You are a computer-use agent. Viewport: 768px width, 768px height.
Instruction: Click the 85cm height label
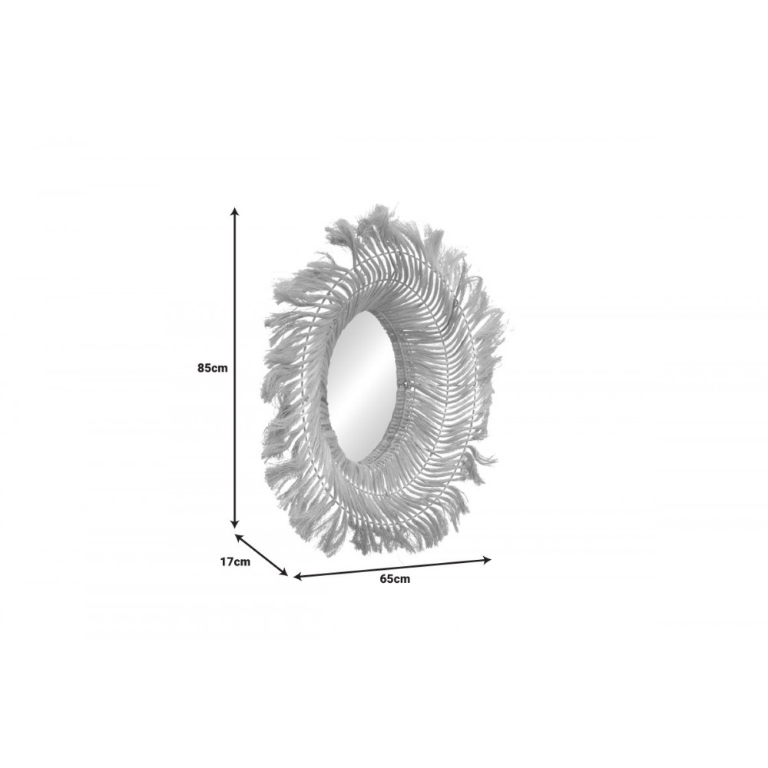click(x=213, y=368)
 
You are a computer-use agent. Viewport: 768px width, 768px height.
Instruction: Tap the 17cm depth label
click(x=235, y=561)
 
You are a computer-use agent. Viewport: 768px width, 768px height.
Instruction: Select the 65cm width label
click(x=395, y=579)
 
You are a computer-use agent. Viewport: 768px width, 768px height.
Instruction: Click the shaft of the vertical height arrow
click(x=235, y=367)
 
